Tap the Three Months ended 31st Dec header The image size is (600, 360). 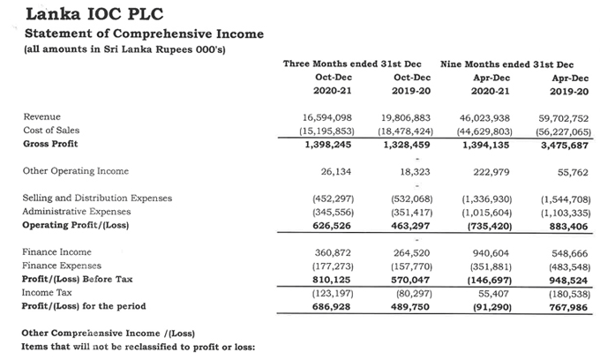tap(351, 64)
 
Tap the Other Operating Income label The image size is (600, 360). tap(75, 171)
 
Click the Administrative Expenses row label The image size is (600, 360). tap(77, 212)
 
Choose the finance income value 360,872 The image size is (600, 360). tap(332, 252)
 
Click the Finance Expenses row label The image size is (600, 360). tap(62, 266)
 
